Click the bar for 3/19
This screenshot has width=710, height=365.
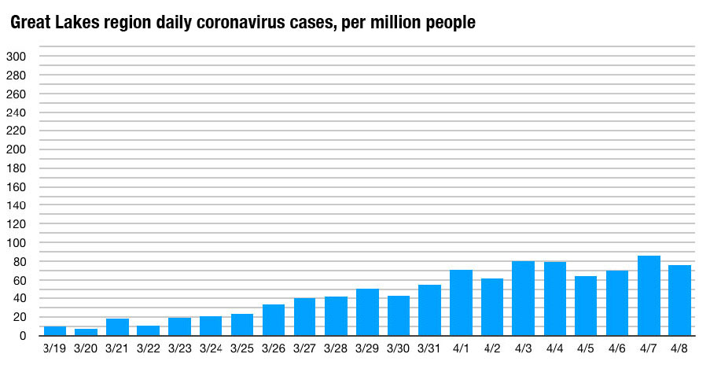54,330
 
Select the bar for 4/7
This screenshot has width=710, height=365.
649,296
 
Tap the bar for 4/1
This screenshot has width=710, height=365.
461,303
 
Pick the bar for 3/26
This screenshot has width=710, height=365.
273,320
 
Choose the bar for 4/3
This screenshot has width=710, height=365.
523,298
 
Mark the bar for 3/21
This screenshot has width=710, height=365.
117,327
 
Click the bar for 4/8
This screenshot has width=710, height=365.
679,300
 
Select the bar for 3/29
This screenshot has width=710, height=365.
367,312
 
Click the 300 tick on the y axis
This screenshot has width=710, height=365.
17,57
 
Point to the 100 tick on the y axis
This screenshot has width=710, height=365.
17,242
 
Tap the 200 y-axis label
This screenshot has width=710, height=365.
17,149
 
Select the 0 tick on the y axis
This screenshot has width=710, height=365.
24,336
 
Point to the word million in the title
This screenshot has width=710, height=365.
406,24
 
